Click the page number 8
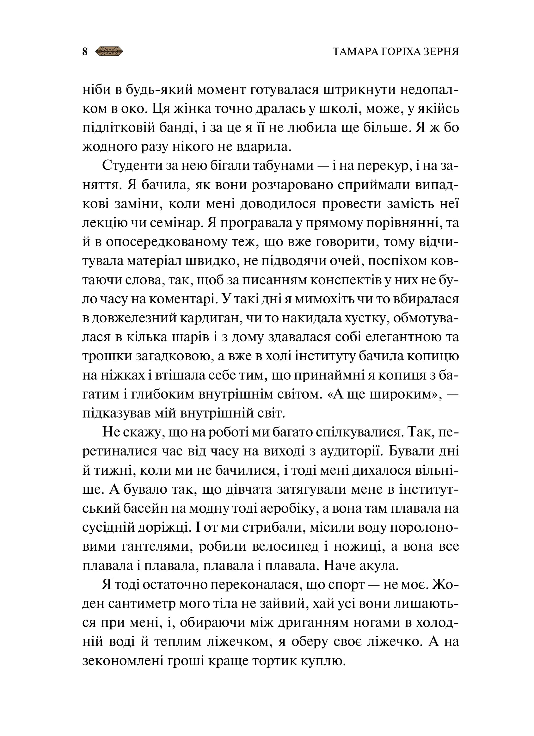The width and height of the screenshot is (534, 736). click(85, 52)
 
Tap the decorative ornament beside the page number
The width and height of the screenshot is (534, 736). click(110, 51)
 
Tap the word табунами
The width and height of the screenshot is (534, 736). click(283, 166)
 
